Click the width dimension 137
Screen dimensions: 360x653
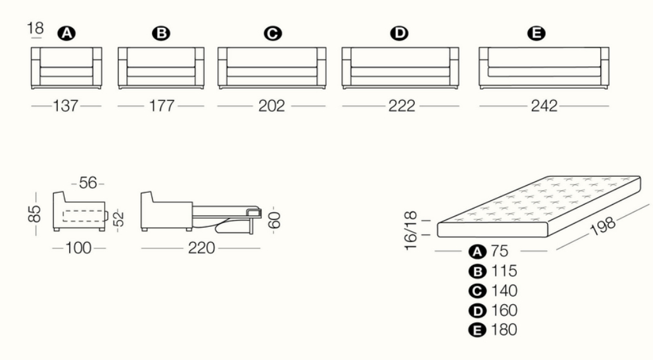(66, 106)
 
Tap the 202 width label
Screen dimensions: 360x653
(272, 106)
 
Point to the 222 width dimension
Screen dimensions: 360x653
(401, 106)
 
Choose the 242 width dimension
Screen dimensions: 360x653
(543, 106)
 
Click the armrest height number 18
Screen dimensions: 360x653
(36, 29)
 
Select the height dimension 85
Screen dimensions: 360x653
(36, 213)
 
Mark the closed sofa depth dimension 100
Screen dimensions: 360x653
(79, 247)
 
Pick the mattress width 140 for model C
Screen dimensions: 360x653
(504, 291)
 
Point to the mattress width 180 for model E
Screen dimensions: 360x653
(504, 330)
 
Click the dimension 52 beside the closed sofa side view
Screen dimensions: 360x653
(117, 219)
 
